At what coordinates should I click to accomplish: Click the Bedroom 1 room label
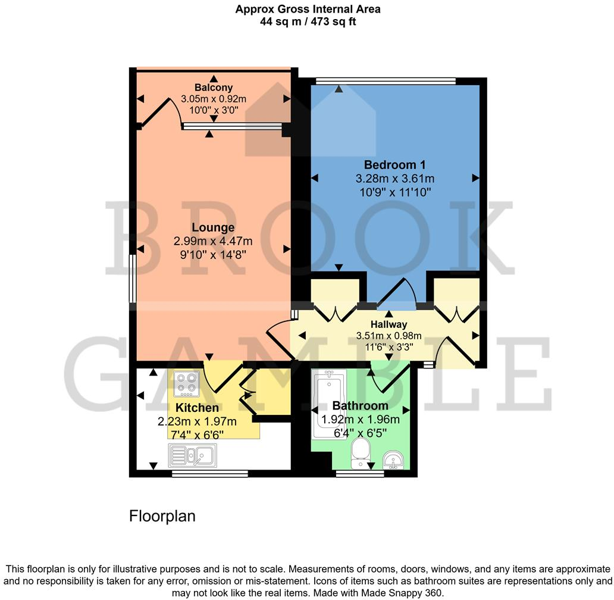pyautogui.click(x=395, y=164)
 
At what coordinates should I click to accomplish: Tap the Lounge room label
pyautogui.click(x=212, y=227)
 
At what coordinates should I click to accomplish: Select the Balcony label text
pyautogui.click(x=213, y=87)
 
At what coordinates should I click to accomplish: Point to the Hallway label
pyautogui.click(x=389, y=324)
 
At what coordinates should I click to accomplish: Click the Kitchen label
pyautogui.click(x=196, y=408)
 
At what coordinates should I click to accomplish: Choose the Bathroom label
pyautogui.click(x=360, y=406)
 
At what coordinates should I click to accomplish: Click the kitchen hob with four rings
pyautogui.click(x=187, y=384)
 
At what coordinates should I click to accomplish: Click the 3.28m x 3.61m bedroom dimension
pyautogui.click(x=395, y=178)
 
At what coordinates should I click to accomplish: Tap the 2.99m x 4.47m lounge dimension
pyautogui.click(x=212, y=241)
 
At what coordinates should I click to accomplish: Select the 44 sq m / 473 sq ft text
pyautogui.click(x=308, y=22)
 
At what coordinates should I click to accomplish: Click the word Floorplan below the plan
pyautogui.click(x=162, y=516)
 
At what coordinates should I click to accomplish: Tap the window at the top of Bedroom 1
pyautogui.click(x=386, y=81)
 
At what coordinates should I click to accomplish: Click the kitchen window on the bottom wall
pyautogui.click(x=209, y=474)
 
